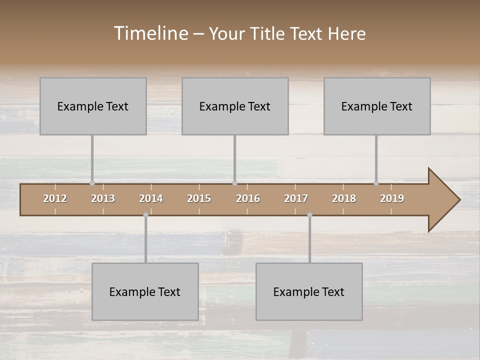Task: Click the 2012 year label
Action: pyautogui.click(x=55, y=198)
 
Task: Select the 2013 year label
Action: pyautogui.click(x=103, y=198)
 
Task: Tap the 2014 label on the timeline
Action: pyautogui.click(x=151, y=198)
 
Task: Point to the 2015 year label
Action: pyautogui.click(x=199, y=198)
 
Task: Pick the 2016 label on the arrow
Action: pyautogui.click(x=248, y=198)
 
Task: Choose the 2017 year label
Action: pyautogui.click(x=296, y=198)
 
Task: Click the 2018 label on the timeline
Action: pyautogui.click(x=344, y=198)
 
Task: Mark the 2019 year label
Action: pyautogui.click(x=392, y=198)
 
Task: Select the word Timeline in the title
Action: pyautogui.click(x=150, y=33)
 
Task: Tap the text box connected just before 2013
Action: pyautogui.click(x=93, y=106)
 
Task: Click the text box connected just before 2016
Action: pyautogui.click(x=235, y=106)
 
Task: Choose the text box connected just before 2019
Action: pyautogui.click(x=377, y=106)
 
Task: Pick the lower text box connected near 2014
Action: pyautogui.click(x=145, y=291)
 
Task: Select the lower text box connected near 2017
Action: pyautogui.click(x=309, y=291)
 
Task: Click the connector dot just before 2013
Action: pyautogui.click(x=92, y=183)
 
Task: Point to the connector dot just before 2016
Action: pyautogui.click(x=234, y=183)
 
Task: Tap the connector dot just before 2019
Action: pyautogui.click(x=376, y=183)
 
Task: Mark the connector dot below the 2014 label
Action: pyautogui.click(x=145, y=215)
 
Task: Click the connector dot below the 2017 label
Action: pyautogui.click(x=309, y=215)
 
